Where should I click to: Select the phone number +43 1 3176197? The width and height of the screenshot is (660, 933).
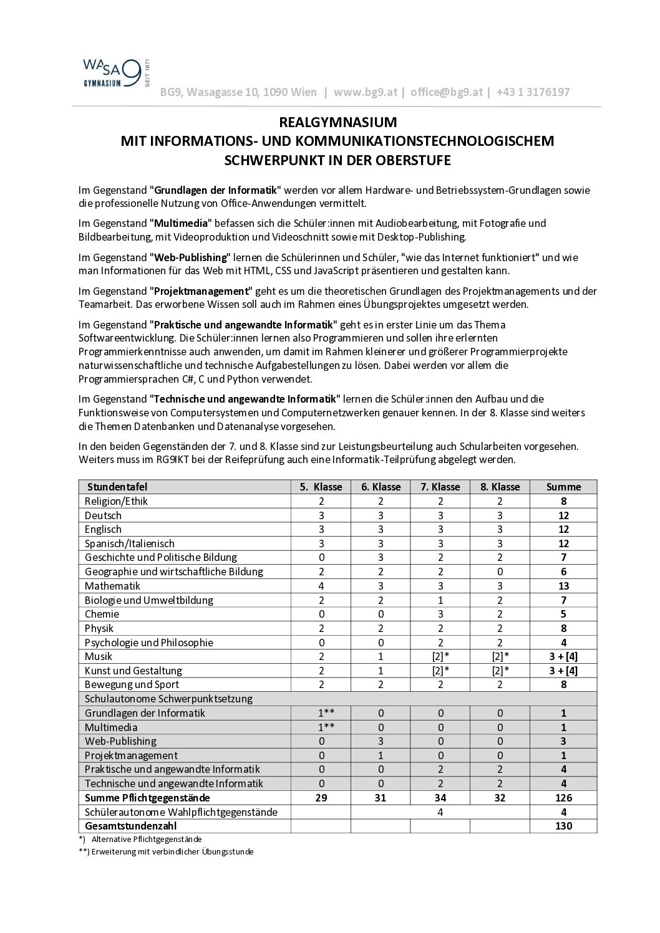[x=533, y=92]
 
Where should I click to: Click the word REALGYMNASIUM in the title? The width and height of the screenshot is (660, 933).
[x=337, y=122]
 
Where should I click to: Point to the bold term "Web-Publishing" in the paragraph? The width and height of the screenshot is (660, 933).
[x=190, y=257]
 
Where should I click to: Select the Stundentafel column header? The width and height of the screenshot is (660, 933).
[x=117, y=487]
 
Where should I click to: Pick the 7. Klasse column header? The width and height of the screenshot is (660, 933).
[x=440, y=487]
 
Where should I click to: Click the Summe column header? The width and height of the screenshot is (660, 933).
[x=563, y=487]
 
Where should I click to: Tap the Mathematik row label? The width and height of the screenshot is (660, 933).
[x=113, y=586]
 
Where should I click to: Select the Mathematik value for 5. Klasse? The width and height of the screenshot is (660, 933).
[x=321, y=586]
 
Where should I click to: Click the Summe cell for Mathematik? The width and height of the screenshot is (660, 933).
[x=563, y=586]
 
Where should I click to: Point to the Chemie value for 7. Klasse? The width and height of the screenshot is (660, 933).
[x=440, y=614]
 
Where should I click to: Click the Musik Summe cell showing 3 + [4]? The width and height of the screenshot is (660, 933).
[x=563, y=656]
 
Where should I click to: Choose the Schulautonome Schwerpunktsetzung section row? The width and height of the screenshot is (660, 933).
[x=168, y=699]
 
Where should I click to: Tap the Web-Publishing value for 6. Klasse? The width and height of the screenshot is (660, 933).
[x=381, y=741]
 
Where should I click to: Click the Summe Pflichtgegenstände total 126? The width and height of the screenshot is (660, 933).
[x=563, y=798]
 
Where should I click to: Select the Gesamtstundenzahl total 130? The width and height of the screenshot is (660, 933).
[x=563, y=826]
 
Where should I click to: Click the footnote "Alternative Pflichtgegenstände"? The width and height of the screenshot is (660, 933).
[x=147, y=840]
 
